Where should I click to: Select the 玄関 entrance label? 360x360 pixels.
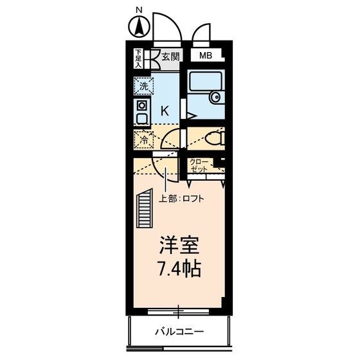coord(170,56)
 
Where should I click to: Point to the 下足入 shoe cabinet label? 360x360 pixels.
coord(138,59)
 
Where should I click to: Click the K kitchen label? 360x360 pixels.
coord(165,110)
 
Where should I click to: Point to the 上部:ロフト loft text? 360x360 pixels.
coord(181,199)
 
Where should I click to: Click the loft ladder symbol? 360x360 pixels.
coord(143,209)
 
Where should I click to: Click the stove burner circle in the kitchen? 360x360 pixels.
coord(141,105)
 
